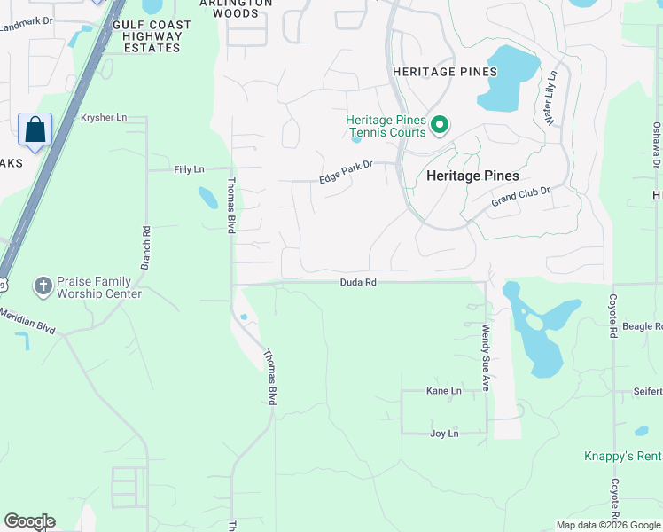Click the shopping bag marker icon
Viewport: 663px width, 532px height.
click(x=35, y=130)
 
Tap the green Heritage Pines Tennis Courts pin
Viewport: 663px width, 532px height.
click(x=439, y=127)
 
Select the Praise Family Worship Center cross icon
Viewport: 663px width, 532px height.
click(x=42, y=286)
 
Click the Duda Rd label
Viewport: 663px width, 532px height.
click(x=358, y=283)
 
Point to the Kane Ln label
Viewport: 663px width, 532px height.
click(x=444, y=390)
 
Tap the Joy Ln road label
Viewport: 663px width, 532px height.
click(x=444, y=434)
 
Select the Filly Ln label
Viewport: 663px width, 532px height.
click(x=189, y=168)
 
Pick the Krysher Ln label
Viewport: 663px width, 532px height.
click(x=104, y=118)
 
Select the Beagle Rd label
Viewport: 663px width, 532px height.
click(x=643, y=326)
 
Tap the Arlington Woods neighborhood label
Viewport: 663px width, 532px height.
click(x=235, y=8)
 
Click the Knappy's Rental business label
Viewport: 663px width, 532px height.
click(x=622, y=457)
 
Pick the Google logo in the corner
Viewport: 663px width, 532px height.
click(x=29, y=521)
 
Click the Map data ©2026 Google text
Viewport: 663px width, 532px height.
click(x=607, y=525)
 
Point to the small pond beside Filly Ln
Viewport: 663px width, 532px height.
click(x=207, y=197)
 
